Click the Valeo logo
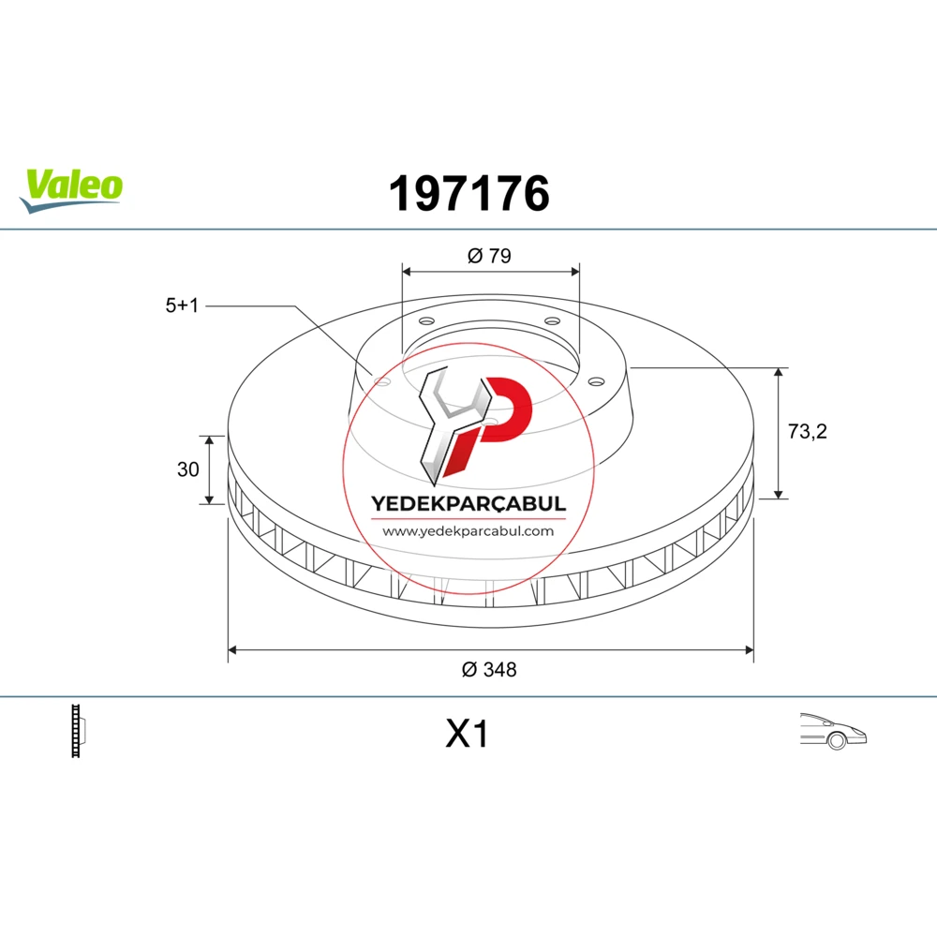pos(71,190)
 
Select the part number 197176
pos(469,194)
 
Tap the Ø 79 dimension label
pos(489,256)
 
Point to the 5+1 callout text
pos(182,305)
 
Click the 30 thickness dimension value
pos(187,469)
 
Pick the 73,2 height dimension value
pos(808,431)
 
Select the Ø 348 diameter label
pos(489,670)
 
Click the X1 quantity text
pos(468,734)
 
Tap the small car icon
pos(833,731)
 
